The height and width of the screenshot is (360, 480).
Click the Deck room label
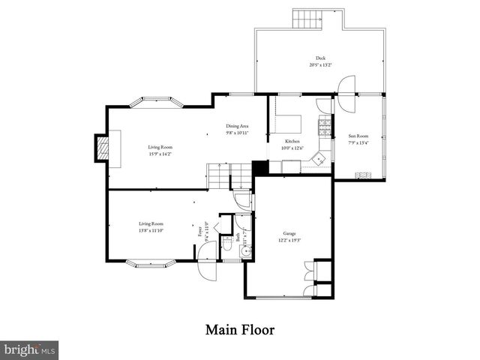(320, 58)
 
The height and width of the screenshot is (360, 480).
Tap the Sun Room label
(358, 136)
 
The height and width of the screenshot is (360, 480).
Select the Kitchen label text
(292, 141)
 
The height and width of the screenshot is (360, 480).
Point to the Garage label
(289, 233)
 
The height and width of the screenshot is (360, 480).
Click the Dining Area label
(237, 126)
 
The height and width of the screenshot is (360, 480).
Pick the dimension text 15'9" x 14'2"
(159, 154)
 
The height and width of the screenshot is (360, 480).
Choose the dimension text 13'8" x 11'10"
(151, 231)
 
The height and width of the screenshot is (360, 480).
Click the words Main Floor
(239, 329)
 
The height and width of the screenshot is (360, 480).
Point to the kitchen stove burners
(325, 127)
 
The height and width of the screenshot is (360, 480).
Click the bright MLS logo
(30, 349)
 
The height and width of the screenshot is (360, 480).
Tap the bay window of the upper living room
(158, 101)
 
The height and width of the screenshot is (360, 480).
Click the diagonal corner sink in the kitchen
(319, 159)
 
